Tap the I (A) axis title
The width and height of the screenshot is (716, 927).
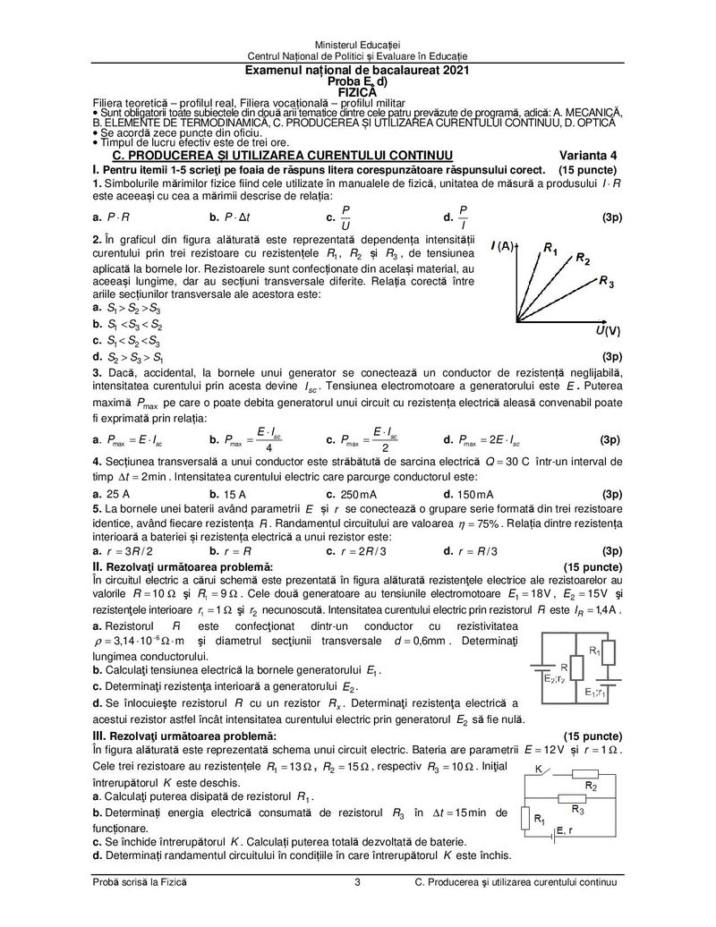pos(502,245)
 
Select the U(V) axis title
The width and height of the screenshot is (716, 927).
pos(608,331)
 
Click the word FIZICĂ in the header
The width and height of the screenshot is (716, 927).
pos(357,90)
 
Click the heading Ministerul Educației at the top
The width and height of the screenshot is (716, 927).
pos(357,45)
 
